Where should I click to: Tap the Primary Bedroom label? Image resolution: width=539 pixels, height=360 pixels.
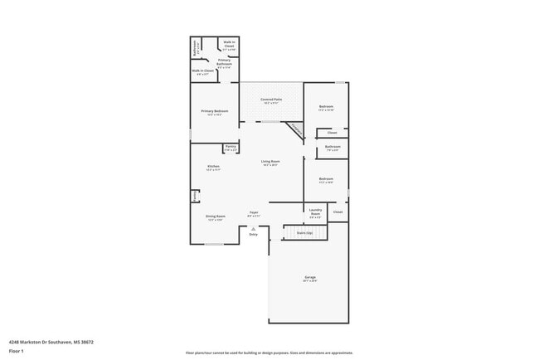tap(214, 111)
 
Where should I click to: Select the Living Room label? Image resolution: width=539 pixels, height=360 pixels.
tap(269, 163)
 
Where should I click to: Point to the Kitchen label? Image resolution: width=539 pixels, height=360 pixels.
tap(213, 168)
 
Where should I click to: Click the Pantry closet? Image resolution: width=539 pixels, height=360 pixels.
tap(231, 148)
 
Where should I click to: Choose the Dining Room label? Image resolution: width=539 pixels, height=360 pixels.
tap(216, 218)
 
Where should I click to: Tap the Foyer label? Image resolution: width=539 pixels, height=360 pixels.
tap(254, 214)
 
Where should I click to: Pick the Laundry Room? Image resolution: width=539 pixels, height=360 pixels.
tap(315, 212)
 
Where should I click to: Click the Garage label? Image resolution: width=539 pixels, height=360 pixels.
tap(309, 279)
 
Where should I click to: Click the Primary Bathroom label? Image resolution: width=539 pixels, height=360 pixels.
tap(224, 63)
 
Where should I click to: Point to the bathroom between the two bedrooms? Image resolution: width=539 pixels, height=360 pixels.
tap(332, 148)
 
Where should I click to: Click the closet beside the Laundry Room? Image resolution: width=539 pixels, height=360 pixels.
tap(337, 212)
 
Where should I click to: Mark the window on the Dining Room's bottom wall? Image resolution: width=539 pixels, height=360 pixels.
tap(215, 244)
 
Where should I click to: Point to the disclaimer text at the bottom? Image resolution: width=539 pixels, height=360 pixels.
tap(269, 353)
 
